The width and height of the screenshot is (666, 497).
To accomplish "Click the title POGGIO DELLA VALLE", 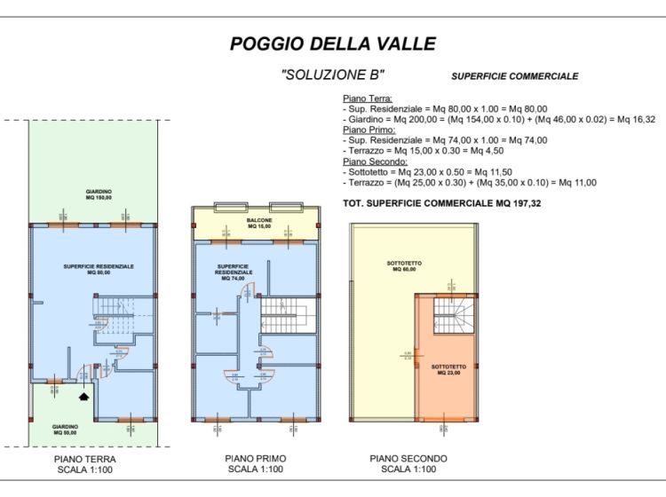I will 333,43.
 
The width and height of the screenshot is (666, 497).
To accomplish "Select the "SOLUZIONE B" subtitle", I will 333,75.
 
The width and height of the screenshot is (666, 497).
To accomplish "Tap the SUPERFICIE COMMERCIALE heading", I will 514,76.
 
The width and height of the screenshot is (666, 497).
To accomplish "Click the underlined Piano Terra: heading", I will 368,99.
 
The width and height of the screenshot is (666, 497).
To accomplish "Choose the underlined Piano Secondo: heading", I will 375,162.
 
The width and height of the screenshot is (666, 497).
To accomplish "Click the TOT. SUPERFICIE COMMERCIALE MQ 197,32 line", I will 454,204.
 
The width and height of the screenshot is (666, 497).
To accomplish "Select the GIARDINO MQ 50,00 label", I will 63,429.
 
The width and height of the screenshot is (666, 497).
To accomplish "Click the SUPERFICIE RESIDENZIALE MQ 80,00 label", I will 99,269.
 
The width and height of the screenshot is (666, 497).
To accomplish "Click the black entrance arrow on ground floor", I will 84,398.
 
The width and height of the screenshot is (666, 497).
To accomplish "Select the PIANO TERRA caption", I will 85,459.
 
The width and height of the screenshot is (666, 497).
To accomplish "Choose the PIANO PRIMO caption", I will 256,459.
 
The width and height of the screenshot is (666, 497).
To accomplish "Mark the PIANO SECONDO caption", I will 408,459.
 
